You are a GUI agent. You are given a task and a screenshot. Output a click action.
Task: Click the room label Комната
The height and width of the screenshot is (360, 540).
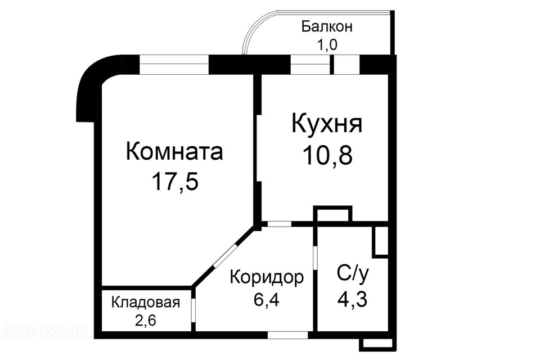[174, 152]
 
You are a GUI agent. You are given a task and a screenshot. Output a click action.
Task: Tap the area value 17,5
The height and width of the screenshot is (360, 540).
[175, 181]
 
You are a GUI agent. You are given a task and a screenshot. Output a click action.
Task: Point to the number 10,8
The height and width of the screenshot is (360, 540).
[327, 155]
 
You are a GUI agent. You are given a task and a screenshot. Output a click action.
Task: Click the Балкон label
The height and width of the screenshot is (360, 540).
[327, 26]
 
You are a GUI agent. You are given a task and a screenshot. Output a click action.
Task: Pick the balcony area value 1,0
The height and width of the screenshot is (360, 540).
[327, 45]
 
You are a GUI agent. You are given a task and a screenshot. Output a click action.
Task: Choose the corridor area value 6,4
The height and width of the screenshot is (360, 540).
[267, 300]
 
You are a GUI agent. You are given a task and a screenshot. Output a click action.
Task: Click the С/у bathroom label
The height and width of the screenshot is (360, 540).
[353, 274]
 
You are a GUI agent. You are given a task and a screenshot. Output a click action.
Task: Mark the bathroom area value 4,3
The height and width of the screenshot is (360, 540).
[352, 299]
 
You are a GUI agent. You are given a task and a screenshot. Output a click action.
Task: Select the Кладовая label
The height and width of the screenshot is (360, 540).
[146, 303]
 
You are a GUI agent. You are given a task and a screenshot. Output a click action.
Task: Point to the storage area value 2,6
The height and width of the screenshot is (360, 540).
[145, 321]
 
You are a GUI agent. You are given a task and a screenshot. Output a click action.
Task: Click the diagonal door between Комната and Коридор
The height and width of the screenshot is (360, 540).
[225, 255]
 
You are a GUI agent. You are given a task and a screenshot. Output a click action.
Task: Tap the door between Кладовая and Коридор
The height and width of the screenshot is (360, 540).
[193, 310]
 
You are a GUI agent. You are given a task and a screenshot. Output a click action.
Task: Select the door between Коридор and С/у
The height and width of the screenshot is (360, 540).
[315, 257]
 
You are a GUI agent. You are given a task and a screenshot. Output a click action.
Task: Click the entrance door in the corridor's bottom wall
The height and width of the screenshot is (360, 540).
[288, 335]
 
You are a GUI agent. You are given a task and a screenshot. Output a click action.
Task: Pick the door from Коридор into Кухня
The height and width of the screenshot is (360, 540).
[280, 223]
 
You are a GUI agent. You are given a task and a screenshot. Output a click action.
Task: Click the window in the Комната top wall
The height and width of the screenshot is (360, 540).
[174, 65]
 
